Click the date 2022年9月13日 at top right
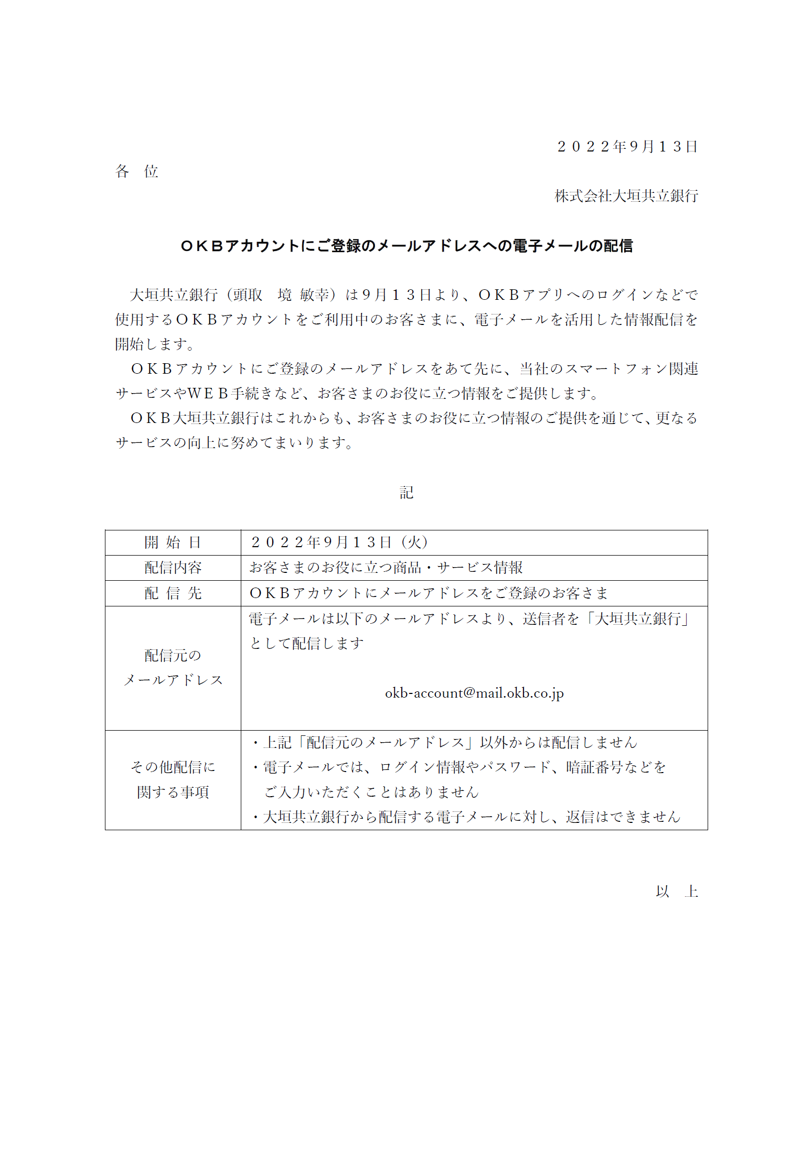(x=627, y=147)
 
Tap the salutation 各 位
(x=136, y=171)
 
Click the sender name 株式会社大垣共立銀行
(x=626, y=196)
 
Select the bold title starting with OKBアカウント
(x=407, y=246)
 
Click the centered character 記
(x=407, y=493)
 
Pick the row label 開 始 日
(x=173, y=542)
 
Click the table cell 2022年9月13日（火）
(x=340, y=542)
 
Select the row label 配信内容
(x=173, y=568)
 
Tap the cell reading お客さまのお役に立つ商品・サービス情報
(x=386, y=568)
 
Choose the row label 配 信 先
(x=173, y=593)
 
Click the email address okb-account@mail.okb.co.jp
(x=474, y=693)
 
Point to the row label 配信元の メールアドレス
(x=173, y=668)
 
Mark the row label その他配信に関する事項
(x=173, y=779)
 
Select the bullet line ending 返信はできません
(x=466, y=817)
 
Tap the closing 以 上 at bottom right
(x=677, y=892)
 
